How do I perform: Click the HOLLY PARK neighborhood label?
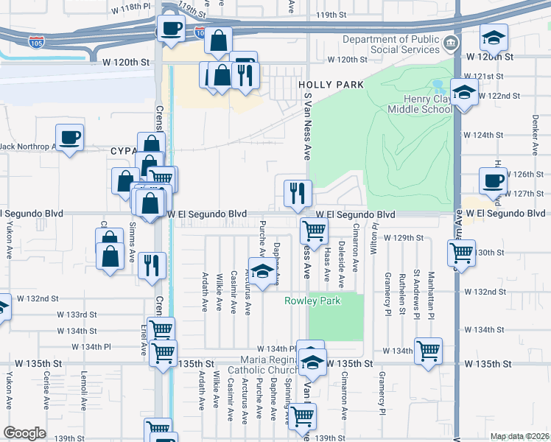click(331, 85)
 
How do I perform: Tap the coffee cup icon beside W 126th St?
click(493, 180)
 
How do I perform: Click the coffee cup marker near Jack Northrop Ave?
click(69, 137)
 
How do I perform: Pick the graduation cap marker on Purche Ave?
click(259, 270)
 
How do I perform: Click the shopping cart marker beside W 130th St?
click(461, 252)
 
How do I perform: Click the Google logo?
click(24, 433)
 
